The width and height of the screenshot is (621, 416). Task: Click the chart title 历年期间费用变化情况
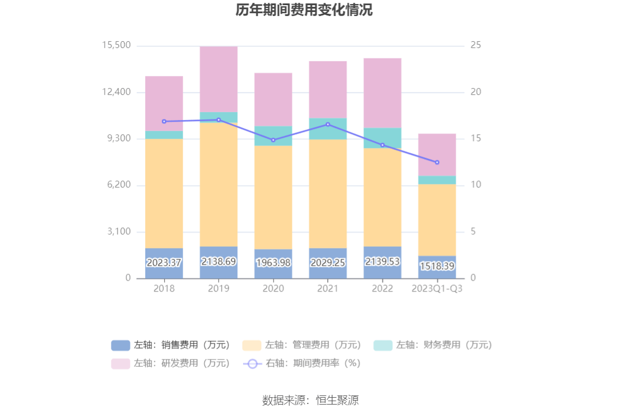coord(304,10)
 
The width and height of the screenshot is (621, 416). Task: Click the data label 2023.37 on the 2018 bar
coord(164,263)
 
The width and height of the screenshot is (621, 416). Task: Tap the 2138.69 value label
coord(218,261)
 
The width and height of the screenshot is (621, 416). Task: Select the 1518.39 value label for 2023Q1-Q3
coord(437,266)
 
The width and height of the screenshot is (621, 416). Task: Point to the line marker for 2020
coord(273,140)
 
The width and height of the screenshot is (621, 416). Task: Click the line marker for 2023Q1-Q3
coord(437,162)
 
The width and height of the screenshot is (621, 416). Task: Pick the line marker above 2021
coord(328,124)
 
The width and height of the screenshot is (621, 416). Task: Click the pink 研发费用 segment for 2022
coord(382,93)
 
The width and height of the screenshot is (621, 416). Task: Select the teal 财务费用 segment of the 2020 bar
coord(273,135)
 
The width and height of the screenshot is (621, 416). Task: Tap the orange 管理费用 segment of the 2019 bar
coord(218,184)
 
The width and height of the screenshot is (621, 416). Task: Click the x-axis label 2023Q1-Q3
coord(437,289)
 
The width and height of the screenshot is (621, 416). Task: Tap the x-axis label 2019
coord(218,289)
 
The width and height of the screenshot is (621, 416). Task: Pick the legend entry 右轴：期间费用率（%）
coord(302,363)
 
